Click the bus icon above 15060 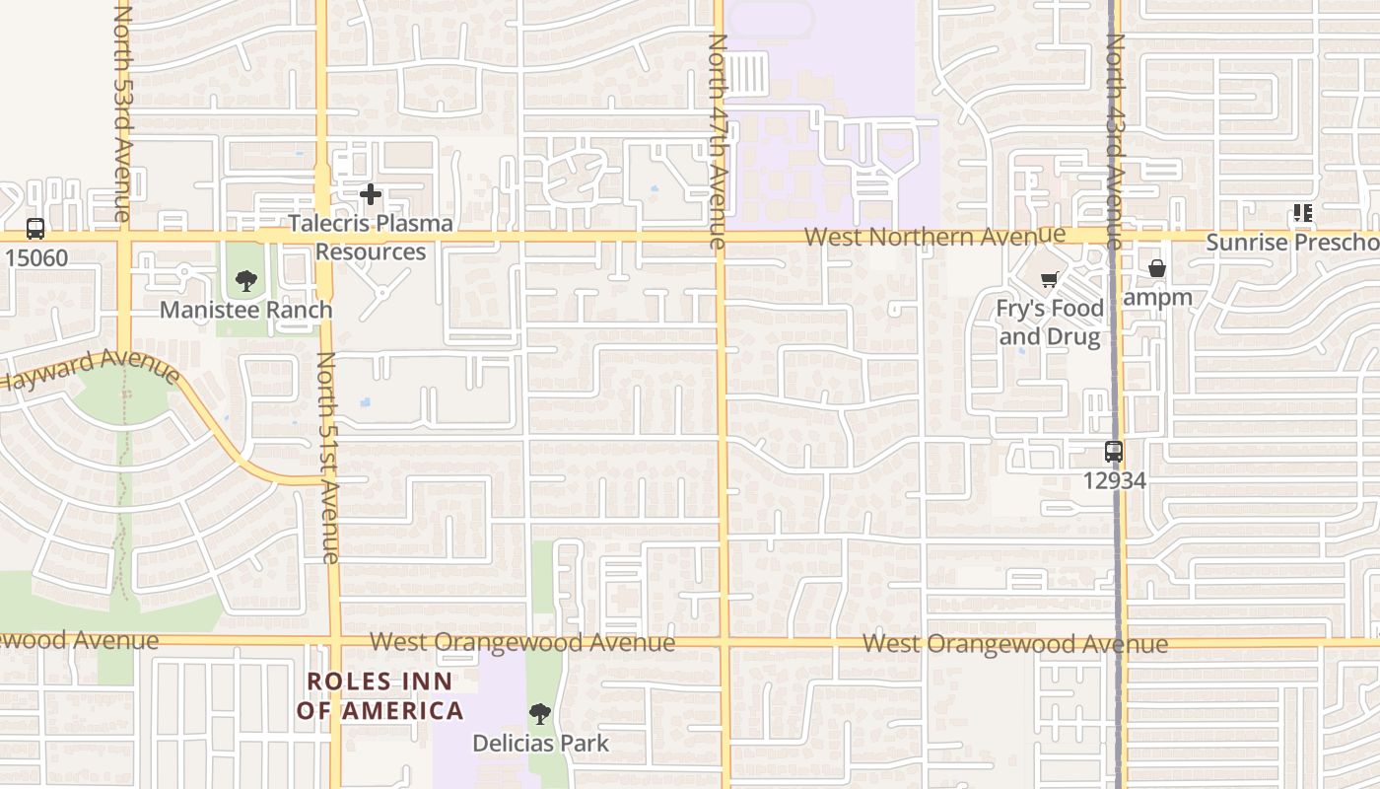35,229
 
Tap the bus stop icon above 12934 1114,452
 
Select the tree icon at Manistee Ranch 246,281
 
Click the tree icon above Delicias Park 539,714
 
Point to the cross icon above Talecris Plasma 371,194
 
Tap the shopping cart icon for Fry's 1049,280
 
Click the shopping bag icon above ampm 1157,268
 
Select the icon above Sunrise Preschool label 1303,213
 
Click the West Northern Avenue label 934,237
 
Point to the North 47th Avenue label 718,141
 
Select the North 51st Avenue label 327,458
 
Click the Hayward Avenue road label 89,369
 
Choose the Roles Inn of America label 379,696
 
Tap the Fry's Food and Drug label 1048,323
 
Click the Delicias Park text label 541,743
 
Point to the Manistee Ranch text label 246,310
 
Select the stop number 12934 1115,480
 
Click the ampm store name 1158,297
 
